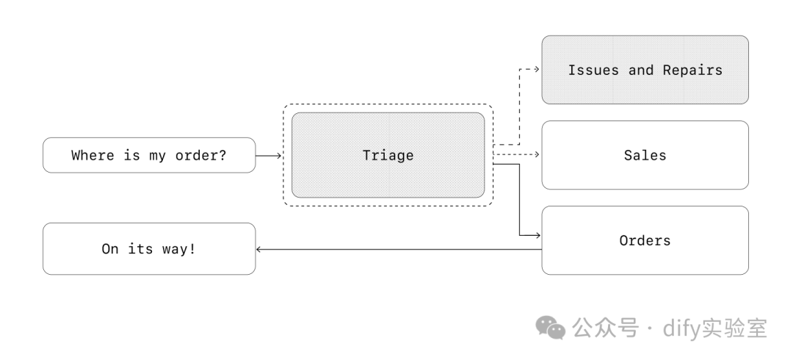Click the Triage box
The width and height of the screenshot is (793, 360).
point(388,155)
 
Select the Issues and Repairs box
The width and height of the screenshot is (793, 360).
point(645,70)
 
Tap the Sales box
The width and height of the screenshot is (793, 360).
point(645,155)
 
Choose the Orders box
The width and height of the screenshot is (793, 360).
point(645,240)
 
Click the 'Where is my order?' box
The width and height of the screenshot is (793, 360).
point(149,155)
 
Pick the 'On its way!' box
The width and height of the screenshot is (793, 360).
point(149,249)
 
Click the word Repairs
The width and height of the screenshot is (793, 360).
point(692,71)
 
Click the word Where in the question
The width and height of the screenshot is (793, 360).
point(93,156)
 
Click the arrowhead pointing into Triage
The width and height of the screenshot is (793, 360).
point(279,156)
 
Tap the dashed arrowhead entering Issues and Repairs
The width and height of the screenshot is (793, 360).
point(537,70)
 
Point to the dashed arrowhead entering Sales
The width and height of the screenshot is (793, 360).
point(537,155)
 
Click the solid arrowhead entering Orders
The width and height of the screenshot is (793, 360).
point(537,236)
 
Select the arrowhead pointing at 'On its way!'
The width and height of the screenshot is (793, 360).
point(259,250)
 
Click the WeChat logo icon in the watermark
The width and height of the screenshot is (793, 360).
point(551,328)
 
